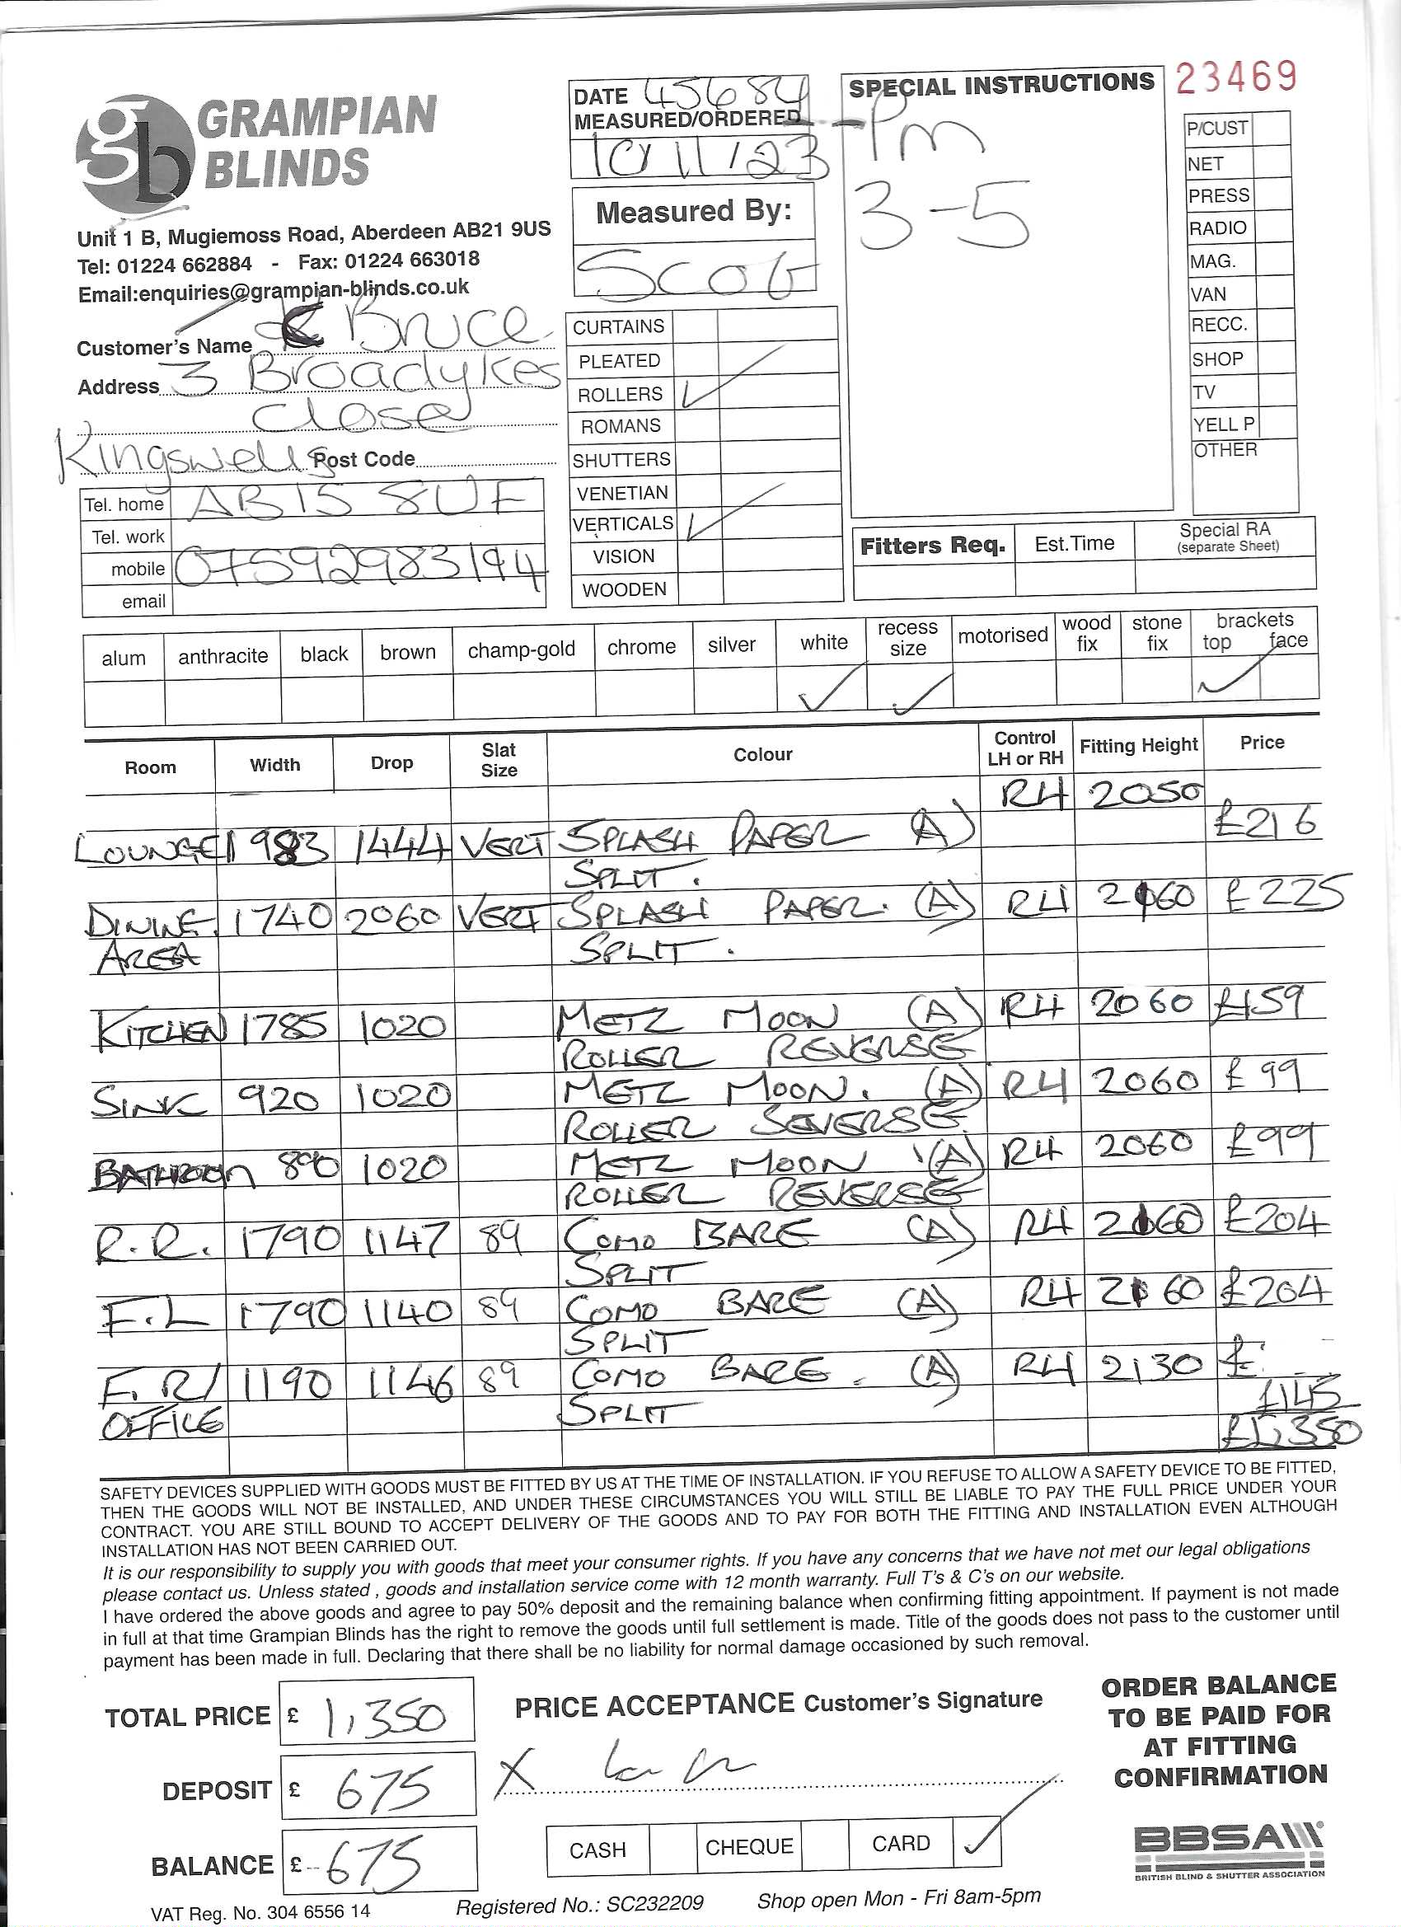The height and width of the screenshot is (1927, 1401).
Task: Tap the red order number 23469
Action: click(1236, 78)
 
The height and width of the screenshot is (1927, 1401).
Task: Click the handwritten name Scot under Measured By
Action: click(692, 274)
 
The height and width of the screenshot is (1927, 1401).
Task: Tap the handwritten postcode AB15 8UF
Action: click(355, 501)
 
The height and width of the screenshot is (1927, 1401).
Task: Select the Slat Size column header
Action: click(499, 760)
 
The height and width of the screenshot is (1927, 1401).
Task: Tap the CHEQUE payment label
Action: click(748, 1847)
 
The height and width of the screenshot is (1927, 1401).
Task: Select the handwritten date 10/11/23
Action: click(705, 158)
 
